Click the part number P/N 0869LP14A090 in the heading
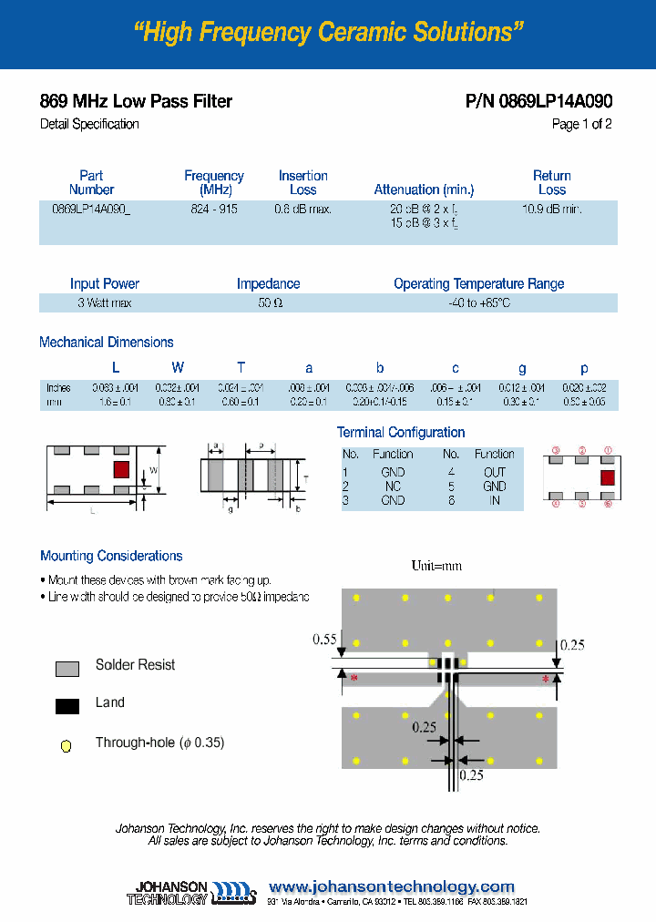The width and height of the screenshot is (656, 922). (x=538, y=101)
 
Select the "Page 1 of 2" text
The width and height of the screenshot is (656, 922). (x=581, y=124)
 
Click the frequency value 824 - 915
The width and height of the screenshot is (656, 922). (x=214, y=209)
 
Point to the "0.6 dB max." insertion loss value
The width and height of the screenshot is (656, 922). (x=302, y=209)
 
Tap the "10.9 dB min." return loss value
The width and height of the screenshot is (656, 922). (x=551, y=209)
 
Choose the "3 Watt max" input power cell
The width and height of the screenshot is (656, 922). (x=104, y=302)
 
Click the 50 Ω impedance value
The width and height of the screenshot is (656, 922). (x=269, y=302)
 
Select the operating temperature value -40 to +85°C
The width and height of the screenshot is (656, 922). (x=478, y=302)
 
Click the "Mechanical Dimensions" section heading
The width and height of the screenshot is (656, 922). (x=107, y=343)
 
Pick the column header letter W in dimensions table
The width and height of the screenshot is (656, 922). (x=178, y=367)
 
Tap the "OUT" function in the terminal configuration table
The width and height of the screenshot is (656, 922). (x=495, y=472)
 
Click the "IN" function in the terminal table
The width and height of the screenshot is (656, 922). (x=495, y=500)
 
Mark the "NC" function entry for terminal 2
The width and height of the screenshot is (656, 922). (x=393, y=487)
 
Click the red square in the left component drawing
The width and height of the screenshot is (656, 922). (x=119, y=470)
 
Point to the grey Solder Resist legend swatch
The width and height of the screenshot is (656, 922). (x=67, y=668)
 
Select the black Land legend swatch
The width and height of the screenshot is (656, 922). (x=67, y=705)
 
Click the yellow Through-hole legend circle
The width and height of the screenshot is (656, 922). (x=66, y=746)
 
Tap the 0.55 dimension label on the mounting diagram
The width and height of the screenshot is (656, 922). (x=324, y=640)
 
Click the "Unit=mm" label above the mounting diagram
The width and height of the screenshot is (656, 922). (x=436, y=566)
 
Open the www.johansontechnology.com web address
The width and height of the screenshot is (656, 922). (x=392, y=886)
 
